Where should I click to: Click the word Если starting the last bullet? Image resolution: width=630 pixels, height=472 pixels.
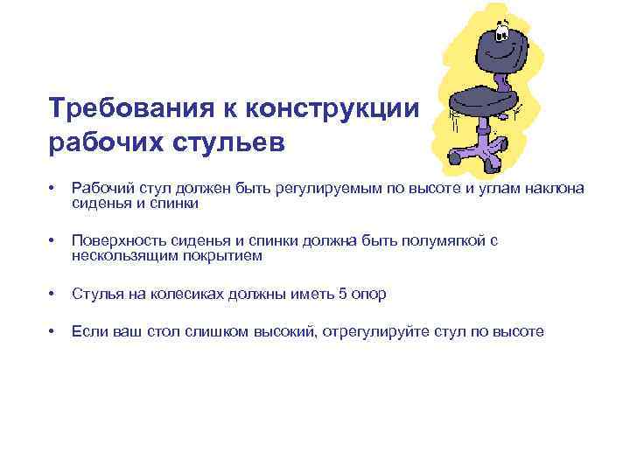click(x=87, y=332)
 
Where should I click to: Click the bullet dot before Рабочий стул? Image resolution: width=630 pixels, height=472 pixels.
click(x=54, y=190)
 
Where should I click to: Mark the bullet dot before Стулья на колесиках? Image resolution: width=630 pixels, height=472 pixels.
click(x=54, y=295)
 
